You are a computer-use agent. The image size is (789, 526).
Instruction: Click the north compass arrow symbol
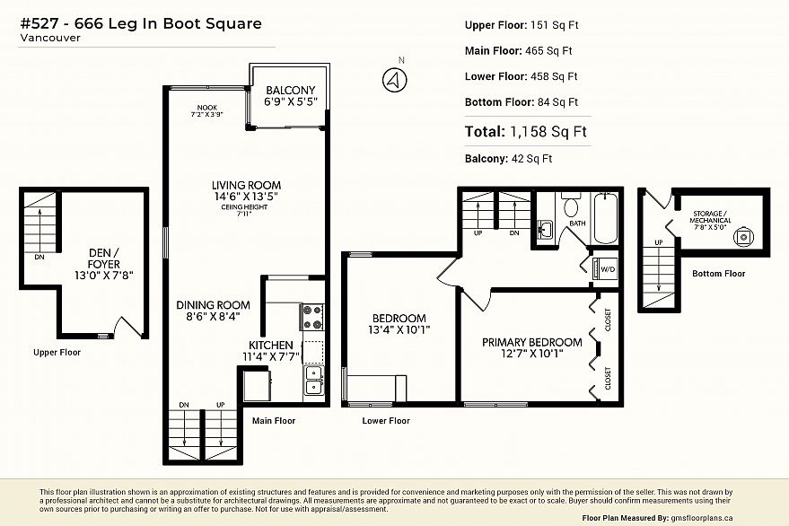pyautogui.click(x=395, y=80)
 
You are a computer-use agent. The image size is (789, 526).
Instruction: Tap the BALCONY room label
pyautogui.click(x=290, y=90)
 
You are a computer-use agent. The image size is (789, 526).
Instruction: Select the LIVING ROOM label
pyautogui.click(x=246, y=185)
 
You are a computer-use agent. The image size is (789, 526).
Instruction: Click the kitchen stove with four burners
pyautogui.click(x=312, y=317)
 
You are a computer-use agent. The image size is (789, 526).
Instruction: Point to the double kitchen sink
pyautogui.click(x=314, y=380)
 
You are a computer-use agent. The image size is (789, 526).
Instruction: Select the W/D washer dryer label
pyautogui.click(x=608, y=269)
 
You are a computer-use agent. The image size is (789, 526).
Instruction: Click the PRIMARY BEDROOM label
pyautogui.click(x=532, y=342)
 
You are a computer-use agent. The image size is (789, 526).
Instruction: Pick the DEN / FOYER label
pyautogui.click(x=104, y=259)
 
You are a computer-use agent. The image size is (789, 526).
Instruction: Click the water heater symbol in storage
pyautogui.click(x=743, y=237)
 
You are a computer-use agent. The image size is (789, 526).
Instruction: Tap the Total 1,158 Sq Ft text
pyautogui.click(x=526, y=132)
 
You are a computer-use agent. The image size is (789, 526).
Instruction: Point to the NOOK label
pyautogui.click(x=206, y=107)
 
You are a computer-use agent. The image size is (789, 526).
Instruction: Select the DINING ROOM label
pyautogui.click(x=213, y=305)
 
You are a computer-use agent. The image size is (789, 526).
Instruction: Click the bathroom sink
pyautogui.click(x=545, y=230)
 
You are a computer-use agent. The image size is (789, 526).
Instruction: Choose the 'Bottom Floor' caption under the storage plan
pyautogui.click(x=719, y=273)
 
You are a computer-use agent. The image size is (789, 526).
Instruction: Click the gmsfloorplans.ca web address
pyautogui.click(x=700, y=518)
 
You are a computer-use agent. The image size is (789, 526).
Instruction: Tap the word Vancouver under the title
pyautogui.click(x=50, y=38)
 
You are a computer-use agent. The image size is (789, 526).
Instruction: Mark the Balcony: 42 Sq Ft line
pyautogui.click(x=508, y=159)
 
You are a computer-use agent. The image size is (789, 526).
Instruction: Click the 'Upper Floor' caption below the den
pyautogui.click(x=57, y=353)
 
